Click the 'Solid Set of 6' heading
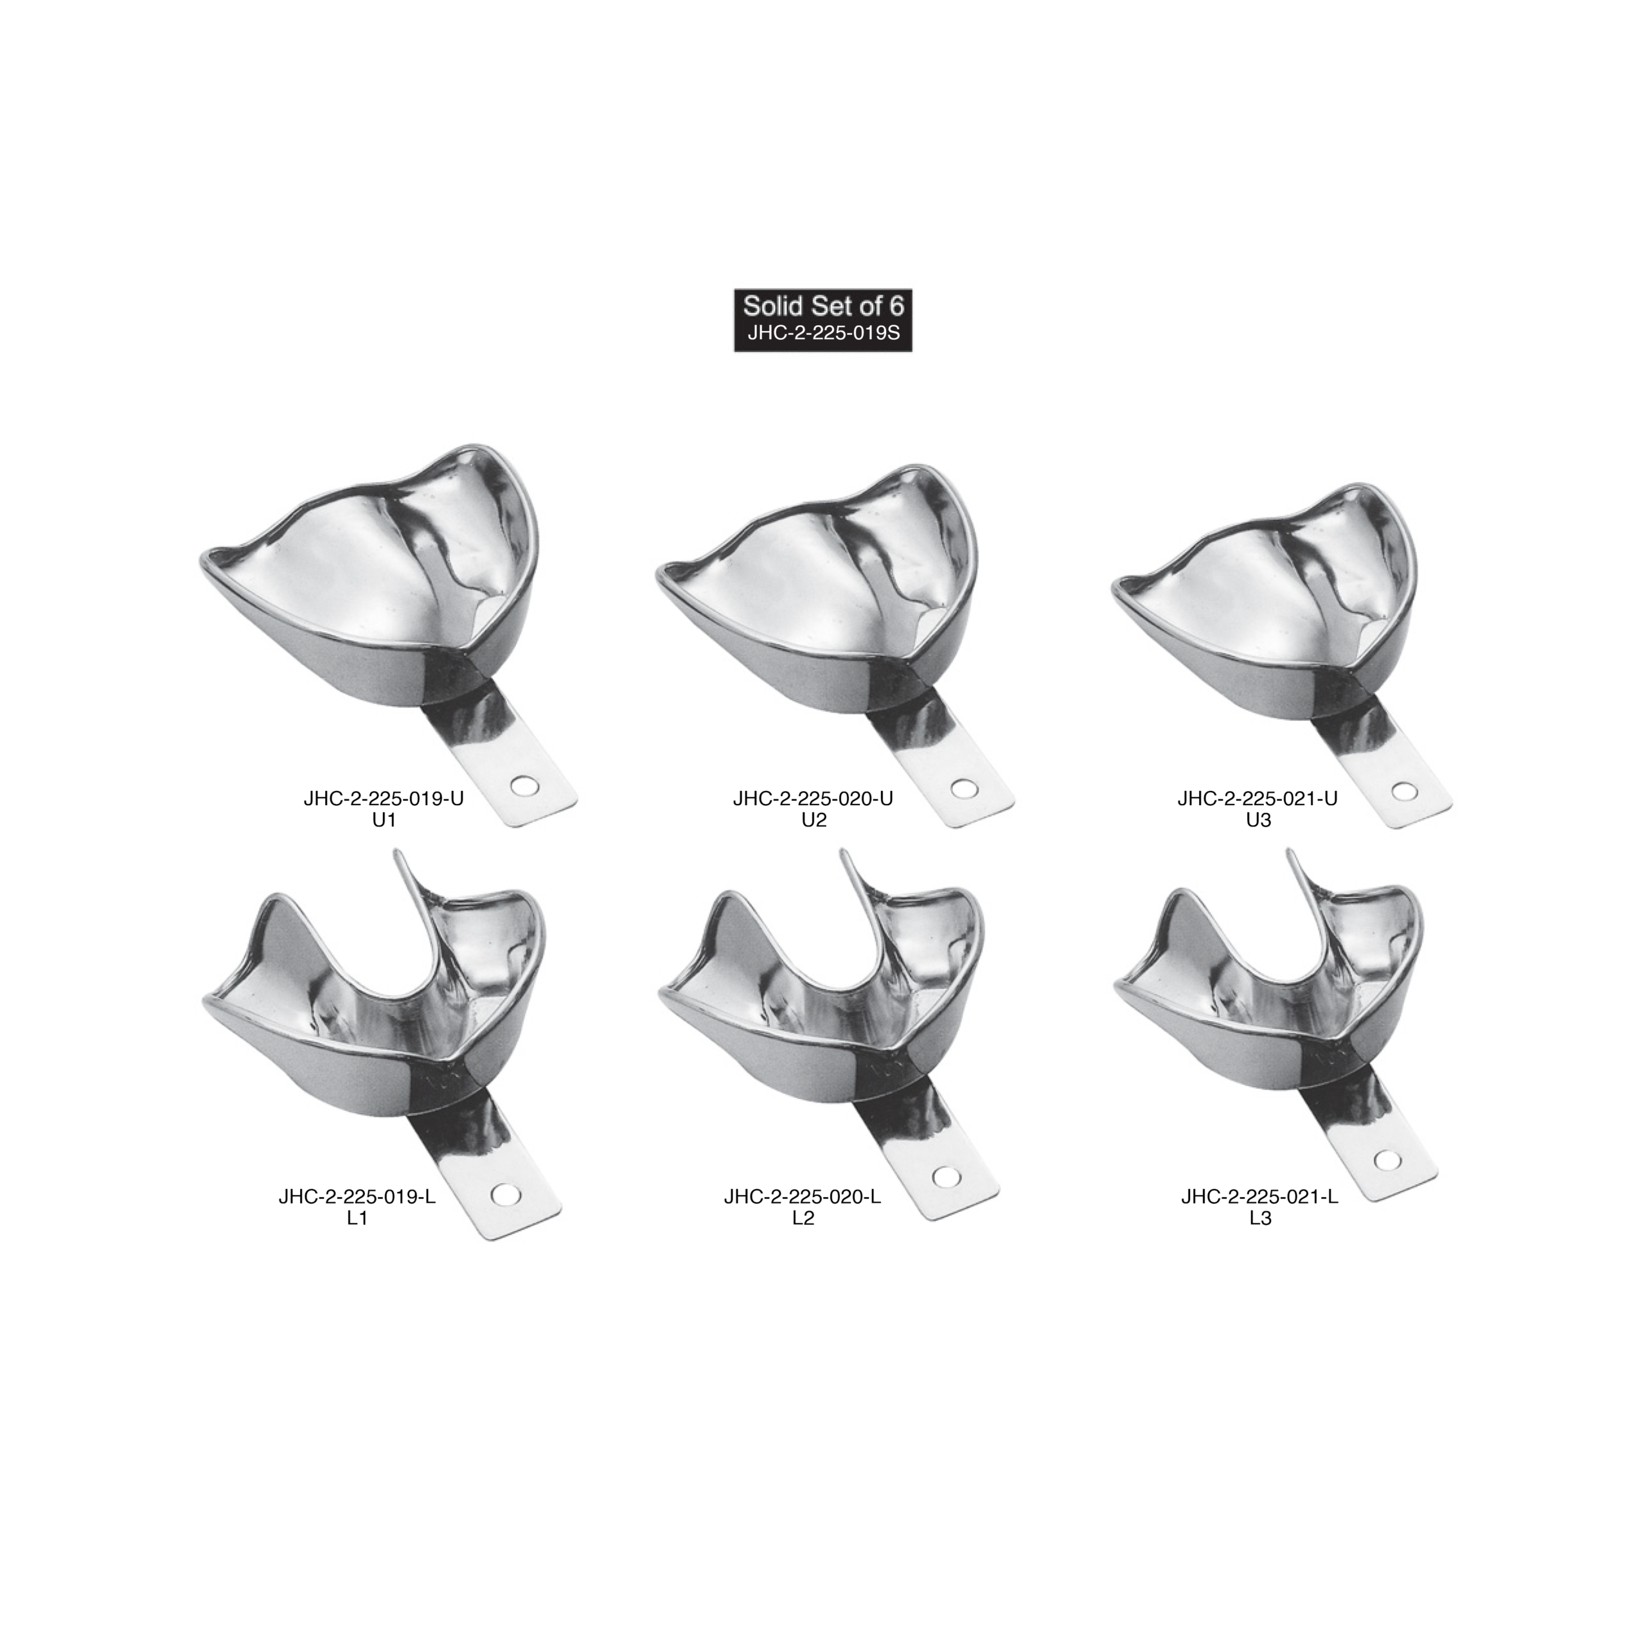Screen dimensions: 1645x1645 822,306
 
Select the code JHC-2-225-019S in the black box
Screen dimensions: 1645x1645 822,333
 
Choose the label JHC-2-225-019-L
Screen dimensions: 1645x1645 358,1197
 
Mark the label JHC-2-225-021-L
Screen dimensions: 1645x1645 1260,1197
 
